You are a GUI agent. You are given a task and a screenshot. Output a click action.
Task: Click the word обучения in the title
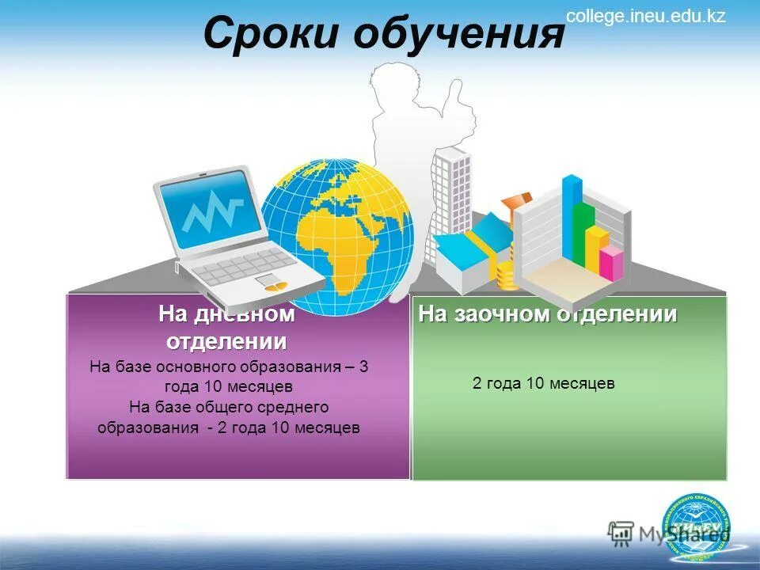(458, 36)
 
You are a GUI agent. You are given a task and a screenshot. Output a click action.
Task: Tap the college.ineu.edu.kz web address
(645, 16)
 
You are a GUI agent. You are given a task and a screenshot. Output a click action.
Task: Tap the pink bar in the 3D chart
(610, 263)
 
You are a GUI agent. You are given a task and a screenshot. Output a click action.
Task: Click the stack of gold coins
(507, 276)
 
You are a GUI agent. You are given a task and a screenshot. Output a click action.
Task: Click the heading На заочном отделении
(548, 314)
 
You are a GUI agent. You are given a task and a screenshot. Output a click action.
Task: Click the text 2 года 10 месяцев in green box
(544, 384)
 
